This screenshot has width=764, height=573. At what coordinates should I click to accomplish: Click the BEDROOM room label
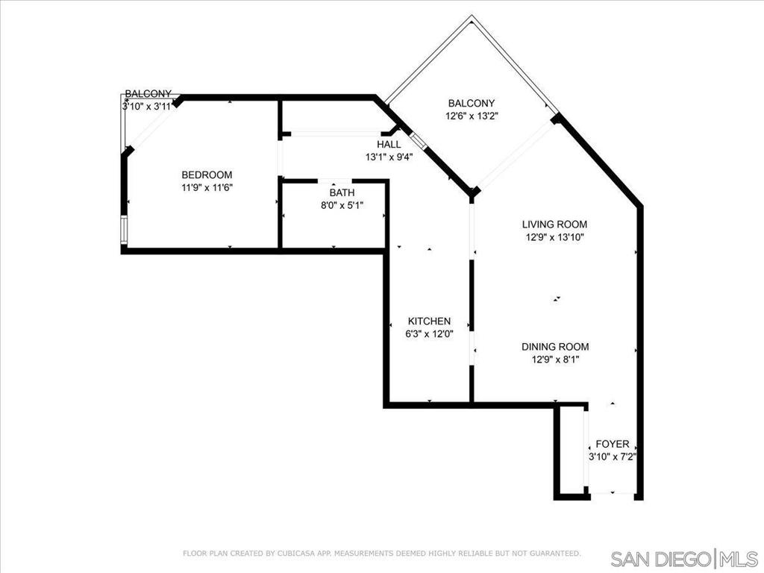207,175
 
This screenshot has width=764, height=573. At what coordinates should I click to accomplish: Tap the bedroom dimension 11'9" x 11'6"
207,187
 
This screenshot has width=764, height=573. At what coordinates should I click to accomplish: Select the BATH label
342,192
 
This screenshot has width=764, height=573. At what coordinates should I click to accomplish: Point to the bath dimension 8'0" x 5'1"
342,206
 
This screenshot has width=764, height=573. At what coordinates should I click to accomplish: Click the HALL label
389,144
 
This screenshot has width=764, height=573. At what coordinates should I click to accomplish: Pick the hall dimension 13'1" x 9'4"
389,157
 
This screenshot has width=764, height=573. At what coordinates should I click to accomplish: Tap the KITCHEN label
429,321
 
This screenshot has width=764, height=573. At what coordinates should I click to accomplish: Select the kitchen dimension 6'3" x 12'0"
429,334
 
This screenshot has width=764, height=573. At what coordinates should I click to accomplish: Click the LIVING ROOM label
554,224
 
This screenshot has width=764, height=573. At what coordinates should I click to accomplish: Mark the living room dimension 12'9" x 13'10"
554,237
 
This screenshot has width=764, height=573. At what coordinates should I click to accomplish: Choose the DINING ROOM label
555,346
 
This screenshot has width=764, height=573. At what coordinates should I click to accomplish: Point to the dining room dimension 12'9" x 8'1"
555,360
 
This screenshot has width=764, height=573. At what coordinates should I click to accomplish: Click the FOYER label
613,444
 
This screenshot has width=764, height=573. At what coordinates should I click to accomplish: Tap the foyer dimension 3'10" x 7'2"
613,457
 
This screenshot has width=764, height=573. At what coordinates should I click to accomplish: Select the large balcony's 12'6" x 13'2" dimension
472,116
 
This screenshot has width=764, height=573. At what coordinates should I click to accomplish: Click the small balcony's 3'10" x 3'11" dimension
147,106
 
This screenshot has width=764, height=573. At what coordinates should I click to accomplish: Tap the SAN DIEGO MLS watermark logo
684,558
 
